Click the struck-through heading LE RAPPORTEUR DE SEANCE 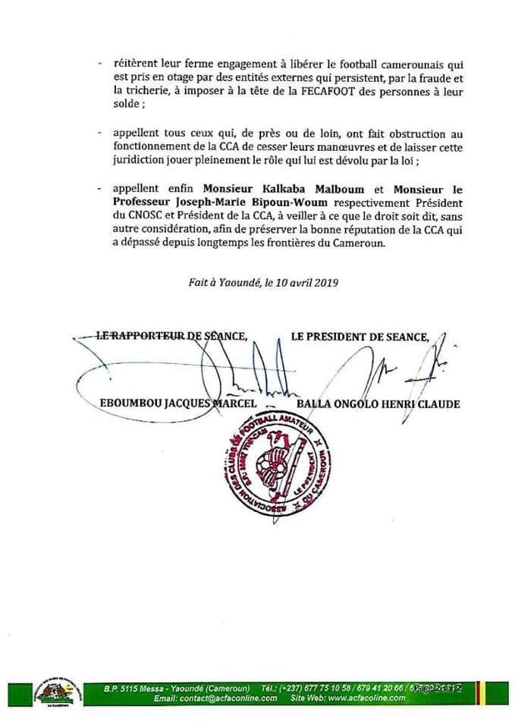point(171,336)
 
